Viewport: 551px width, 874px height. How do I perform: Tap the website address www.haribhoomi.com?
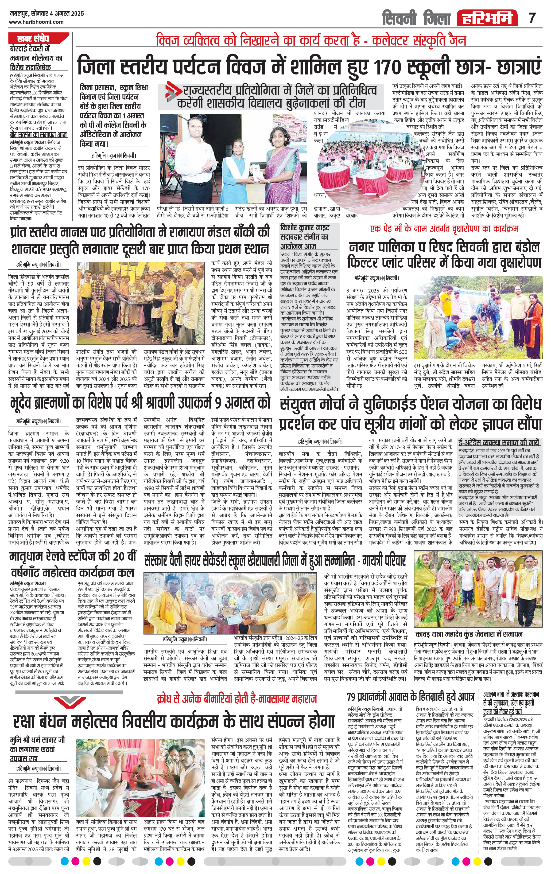tap(36, 22)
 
